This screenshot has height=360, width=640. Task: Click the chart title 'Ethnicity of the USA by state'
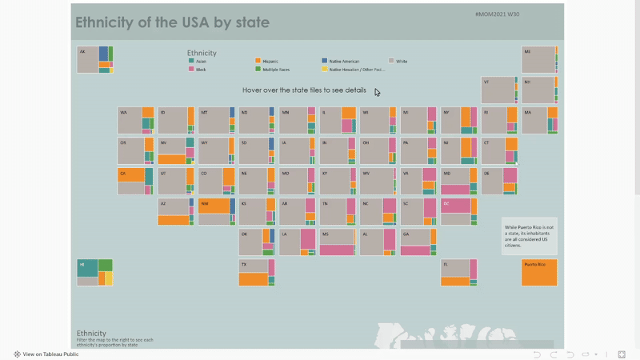[172, 22]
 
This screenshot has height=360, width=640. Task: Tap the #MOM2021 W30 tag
[497, 14]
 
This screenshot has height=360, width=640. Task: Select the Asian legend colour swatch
[190, 61]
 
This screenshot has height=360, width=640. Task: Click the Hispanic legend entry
[270, 61]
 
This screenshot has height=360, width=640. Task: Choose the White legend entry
[401, 61]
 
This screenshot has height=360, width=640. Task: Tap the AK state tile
[94, 59]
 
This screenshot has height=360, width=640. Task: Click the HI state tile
[94, 272]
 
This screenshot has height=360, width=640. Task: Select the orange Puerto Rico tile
[538, 272]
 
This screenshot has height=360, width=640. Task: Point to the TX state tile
[256, 272]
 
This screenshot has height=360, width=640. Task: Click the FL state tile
[458, 272]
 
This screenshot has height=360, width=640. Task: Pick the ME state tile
[539, 59]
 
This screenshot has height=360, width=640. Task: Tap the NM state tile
[215, 211]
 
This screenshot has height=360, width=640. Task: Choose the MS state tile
[337, 242]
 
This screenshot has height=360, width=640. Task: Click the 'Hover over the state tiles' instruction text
[304, 90]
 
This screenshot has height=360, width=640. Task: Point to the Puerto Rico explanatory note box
[529, 235]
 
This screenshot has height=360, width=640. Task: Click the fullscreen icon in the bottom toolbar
[621, 354]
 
